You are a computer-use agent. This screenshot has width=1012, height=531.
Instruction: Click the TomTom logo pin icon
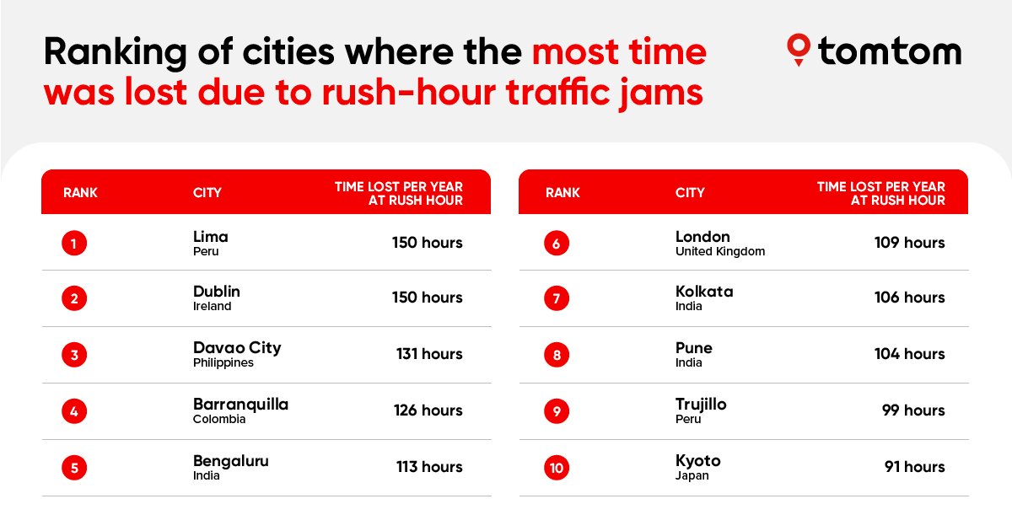coord(798,50)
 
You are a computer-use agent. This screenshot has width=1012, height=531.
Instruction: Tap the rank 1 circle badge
coord(74,244)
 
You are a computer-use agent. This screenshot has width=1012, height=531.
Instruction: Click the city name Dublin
coord(217,292)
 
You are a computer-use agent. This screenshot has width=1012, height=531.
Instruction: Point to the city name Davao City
coord(237,347)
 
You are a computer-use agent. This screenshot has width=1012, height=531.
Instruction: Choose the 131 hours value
coord(429,354)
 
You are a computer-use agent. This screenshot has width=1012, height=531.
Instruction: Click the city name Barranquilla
coord(240,405)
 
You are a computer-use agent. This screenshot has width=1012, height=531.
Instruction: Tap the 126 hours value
coord(428,410)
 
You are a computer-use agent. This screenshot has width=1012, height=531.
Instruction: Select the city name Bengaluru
coord(230,461)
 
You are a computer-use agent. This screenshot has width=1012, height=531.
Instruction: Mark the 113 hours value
coord(429,467)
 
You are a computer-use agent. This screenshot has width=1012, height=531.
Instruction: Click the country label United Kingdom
coord(720,251)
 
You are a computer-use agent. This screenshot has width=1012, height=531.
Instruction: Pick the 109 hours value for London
coord(909,243)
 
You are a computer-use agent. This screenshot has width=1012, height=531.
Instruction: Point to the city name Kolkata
coord(704,292)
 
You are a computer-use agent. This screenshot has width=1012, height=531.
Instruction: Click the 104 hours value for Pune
coord(909,354)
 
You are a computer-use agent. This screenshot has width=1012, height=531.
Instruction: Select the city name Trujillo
coord(701,405)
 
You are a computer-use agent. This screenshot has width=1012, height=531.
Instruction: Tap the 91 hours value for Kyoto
coord(914,467)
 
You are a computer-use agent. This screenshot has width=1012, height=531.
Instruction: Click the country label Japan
coord(692,475)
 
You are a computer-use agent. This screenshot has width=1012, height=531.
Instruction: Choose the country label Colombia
coord(219,419)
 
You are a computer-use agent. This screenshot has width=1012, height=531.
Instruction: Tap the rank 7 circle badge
coord(557,298)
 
